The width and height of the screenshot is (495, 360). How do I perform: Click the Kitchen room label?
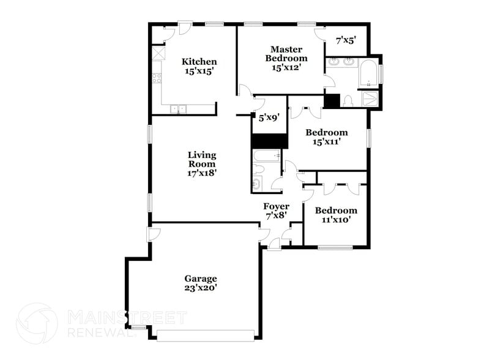[x=199, y=62]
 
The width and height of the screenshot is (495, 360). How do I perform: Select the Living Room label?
[x=201, y=159]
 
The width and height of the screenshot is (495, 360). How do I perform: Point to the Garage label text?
[x=201, y=279]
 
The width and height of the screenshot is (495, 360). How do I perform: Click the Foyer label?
[x=276, y=206]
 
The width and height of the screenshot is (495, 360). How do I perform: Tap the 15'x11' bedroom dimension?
[x=327, y=141]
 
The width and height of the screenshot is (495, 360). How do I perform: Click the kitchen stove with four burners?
[x=157, y=78]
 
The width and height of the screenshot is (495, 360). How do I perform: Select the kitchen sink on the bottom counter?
[x=179, y=110]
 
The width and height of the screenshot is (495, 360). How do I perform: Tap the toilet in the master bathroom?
[x=348, y=101]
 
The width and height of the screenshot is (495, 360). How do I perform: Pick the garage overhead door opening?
[x=205, y=335]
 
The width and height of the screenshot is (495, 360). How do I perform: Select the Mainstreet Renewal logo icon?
[x=37, y=323]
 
